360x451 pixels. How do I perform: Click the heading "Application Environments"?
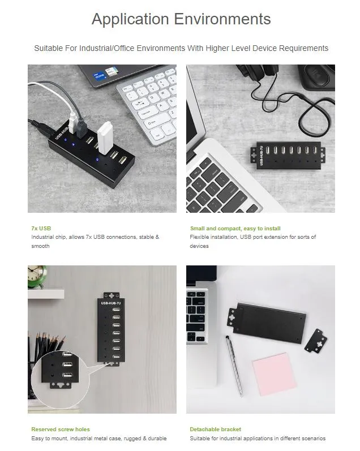click(x=181, y=19)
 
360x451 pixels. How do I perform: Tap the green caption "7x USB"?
click(x=41, y=229)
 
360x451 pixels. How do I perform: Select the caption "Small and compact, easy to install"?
click(x=235, y=229)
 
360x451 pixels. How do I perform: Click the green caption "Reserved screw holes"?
click(x=61, y=429)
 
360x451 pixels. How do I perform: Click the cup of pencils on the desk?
click(x=48, y=349)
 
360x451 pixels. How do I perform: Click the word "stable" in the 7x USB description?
click(x=147, y=237)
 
